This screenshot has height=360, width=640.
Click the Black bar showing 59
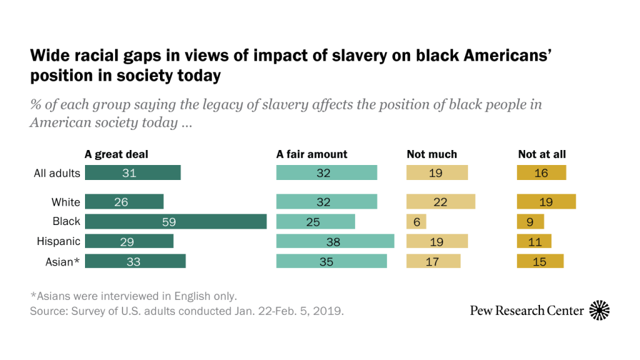coord(176,222)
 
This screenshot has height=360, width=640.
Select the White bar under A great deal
coord(124,202)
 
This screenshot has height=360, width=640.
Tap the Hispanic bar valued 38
coord(335,241)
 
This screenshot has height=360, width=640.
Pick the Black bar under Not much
coord(416,222)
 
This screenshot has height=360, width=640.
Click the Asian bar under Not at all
coord(540,261)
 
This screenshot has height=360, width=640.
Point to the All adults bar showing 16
coord(541,173)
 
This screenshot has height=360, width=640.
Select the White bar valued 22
coord(441,202)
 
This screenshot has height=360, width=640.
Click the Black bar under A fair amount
coord(316,222)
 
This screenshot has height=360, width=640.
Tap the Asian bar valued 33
coord(135,261)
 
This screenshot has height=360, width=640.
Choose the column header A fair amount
coord(312,154)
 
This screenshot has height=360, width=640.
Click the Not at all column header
coord(542,154)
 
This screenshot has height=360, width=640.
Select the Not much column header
coord(432,154)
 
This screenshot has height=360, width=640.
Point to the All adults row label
coord(57,173)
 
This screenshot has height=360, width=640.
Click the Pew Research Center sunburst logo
coord(599,310)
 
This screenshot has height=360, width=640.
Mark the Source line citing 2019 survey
coord(187,311)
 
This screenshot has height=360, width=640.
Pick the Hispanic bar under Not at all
coord(534,241)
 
